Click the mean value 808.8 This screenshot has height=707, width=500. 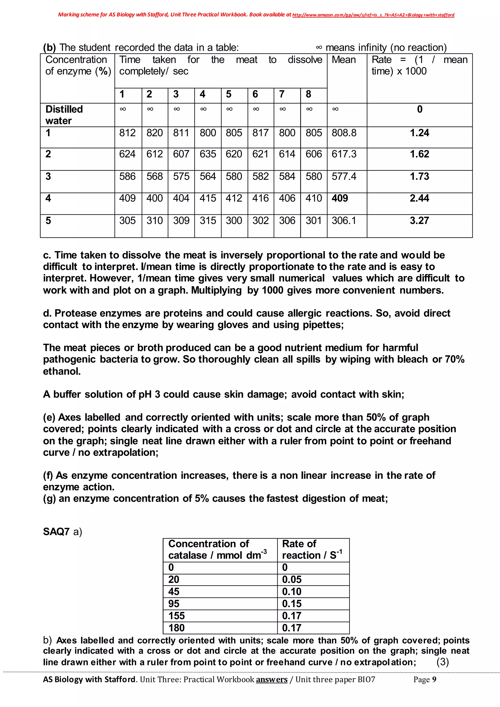click(344, 133)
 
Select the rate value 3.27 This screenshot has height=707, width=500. click(419, 221)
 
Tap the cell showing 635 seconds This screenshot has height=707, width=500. click(208, 154)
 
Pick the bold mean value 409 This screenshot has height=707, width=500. click(340, 198)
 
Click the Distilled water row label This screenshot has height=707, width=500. click(64, 115)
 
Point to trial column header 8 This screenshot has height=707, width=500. click(309, 94)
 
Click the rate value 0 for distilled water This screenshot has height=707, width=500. click(420, 109)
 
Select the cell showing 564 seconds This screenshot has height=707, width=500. click(208, 176)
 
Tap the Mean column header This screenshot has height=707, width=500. click(344, 60)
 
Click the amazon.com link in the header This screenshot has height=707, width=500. click(373, 15)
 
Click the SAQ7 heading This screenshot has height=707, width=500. click(56, 532)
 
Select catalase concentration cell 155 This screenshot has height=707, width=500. click(177, 616)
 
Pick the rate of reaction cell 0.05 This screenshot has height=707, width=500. click(292, 580)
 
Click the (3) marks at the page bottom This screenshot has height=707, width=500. click(442, 662)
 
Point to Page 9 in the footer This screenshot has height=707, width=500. click(425, 680)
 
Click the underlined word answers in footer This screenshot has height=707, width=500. click(271, 680)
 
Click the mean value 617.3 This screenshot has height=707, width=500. click(344, 154)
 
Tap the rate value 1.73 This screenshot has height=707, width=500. click(419, 176)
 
